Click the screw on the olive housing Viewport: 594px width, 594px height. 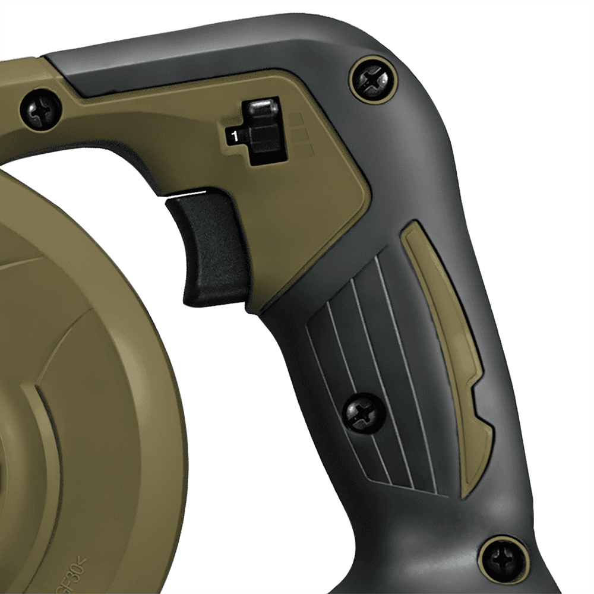click(40, 109)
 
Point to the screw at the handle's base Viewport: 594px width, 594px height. click(503, 560)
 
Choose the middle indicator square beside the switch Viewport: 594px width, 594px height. click(296, 135)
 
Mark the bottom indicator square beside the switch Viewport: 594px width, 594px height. click(296, 152)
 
